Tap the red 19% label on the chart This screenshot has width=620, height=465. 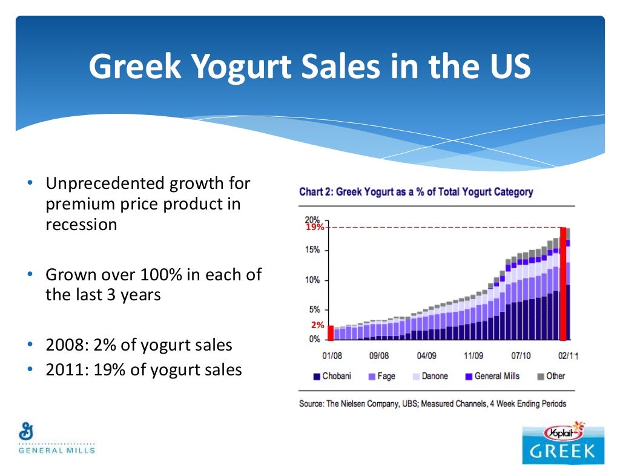[314, 228]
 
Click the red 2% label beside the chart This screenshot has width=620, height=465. [317, 325]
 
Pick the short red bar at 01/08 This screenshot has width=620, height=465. [331, 332]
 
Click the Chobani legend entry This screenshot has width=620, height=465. [332, 376]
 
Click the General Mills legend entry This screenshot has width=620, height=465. [492, 376]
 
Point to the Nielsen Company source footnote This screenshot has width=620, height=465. [433, 403]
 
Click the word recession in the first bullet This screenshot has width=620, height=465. [81, 224]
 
